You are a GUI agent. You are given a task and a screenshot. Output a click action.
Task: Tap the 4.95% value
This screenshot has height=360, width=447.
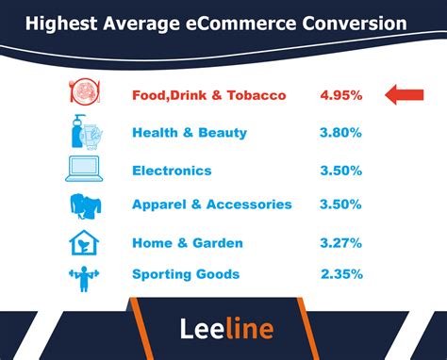341,95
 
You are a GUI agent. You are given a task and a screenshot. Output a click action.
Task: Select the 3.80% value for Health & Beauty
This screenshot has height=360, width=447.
341,133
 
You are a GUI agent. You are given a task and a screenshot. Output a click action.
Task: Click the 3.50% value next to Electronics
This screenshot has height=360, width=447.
341,171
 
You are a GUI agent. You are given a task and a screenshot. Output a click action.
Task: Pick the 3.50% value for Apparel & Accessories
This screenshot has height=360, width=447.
341,205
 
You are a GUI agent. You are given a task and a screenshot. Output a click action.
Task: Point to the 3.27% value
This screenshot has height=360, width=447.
341,242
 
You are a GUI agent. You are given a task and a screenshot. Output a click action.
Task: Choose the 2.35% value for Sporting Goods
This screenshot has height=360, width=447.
341,274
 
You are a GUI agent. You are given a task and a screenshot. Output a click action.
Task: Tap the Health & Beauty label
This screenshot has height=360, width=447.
190,133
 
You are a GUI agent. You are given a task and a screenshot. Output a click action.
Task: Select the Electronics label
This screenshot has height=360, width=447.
173,171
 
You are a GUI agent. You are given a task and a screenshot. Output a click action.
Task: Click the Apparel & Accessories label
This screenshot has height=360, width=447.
212,205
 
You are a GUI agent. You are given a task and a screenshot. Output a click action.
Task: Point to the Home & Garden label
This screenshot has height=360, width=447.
188,242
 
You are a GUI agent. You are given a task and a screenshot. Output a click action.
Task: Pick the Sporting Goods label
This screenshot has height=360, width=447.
186,274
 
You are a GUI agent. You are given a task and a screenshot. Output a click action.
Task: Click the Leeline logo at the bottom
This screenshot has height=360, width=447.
226,328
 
